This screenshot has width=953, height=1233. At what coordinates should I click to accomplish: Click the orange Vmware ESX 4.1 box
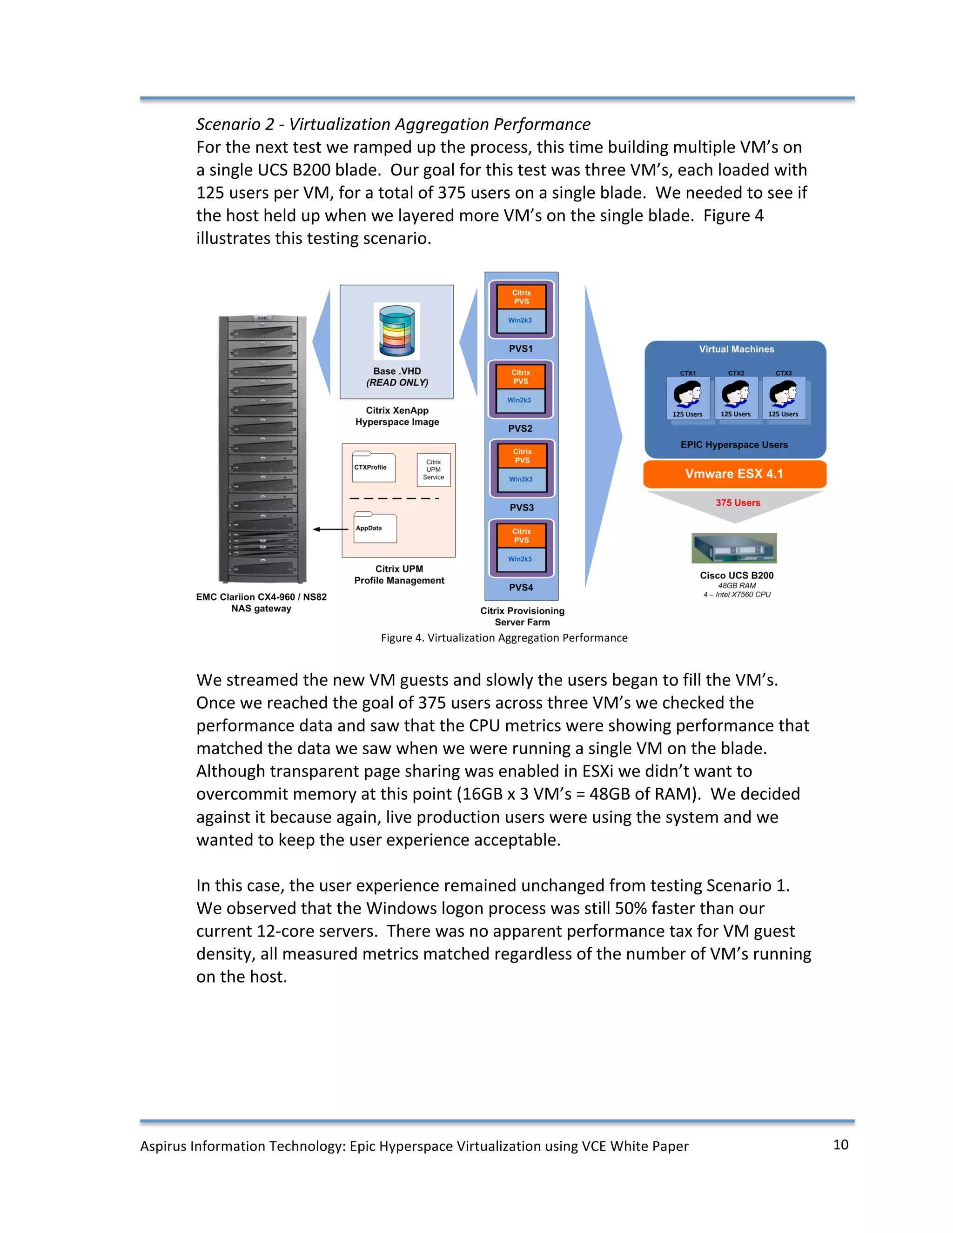tap(734, 474)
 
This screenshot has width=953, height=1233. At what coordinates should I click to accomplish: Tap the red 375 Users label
tap(738, 503)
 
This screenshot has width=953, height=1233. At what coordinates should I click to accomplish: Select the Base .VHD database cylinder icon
tap(397, 331)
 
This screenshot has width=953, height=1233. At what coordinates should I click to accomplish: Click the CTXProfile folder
tap(373, 468)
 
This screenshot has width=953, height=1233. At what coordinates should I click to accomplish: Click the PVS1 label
tap(521, 349)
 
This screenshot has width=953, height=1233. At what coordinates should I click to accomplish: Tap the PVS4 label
tap(521, 587)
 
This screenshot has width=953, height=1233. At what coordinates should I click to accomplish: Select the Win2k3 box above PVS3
tap(521, 479)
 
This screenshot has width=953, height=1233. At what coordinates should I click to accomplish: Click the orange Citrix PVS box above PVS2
tap(521, 376)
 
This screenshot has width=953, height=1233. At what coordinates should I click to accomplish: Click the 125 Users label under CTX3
tap(783, 415)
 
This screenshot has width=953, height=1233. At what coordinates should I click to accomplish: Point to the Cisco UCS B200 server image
tap(734, 548)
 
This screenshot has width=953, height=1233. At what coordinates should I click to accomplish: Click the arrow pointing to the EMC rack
tap(330, 529)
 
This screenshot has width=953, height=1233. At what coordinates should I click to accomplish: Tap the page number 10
tap(841, 1145)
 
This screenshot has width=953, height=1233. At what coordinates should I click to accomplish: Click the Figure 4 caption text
tap(504, 638)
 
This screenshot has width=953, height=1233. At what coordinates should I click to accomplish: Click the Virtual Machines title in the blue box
tap(736, 349)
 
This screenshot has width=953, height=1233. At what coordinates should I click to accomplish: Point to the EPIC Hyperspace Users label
tap(734, 445)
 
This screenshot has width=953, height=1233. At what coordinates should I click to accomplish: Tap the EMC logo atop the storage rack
tap(263, 318)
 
